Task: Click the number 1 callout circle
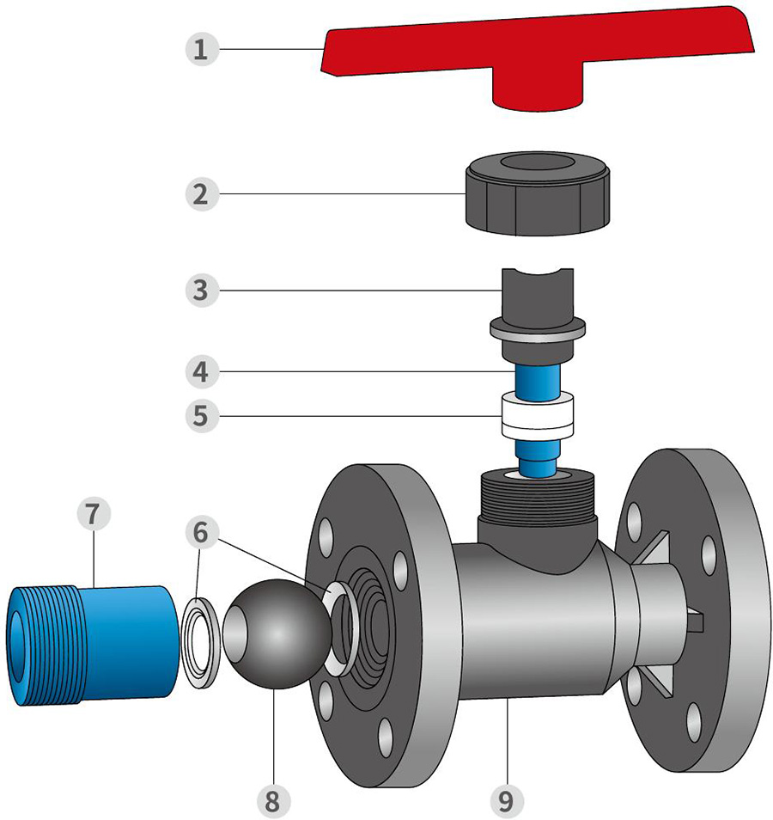(x=200, y=48)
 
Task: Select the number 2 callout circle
(x=200, y=193)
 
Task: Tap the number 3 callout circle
(x=200, y=290)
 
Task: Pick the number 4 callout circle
(x=200, y=372)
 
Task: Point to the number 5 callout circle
(x=200, y=416)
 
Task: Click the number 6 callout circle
(x=200, y=533)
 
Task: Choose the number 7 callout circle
(x=93, y=514)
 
